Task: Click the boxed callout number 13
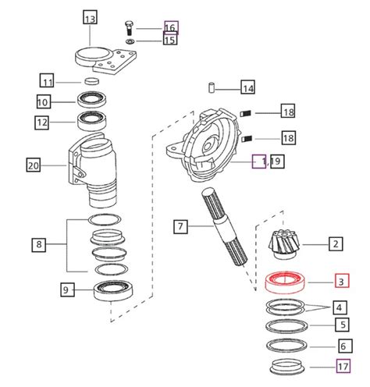(91, 18)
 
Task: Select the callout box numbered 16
(171, 27)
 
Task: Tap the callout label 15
(170, 40)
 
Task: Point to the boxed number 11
(48, 80)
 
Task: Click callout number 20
(34, 165)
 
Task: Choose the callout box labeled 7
(180, 227)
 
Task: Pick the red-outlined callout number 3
(343, 280)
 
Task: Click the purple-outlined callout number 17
(343, 365)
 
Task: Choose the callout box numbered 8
(39, 244)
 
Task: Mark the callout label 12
(43, 122)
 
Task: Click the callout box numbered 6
(343, 346)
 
